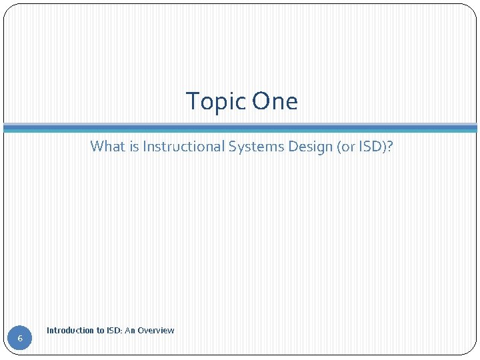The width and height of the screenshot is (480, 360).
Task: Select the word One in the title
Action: [x=275, y=102]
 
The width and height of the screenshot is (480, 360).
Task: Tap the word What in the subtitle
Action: [x=107, y=146]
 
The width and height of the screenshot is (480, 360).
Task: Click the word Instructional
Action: [x=183, y=146]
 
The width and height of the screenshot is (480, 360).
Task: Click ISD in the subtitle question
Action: [x=369, y=146]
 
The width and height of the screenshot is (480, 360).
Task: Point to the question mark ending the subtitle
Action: [x=390, y=146]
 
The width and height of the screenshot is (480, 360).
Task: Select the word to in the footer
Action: [x=100, y=331]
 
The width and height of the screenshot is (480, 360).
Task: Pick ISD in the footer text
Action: [x=114, y=331]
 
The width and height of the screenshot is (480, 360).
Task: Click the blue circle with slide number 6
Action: [x=20, y=339]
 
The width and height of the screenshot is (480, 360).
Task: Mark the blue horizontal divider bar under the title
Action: [x=240, y=128]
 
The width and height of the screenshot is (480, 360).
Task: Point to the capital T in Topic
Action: [x=192, y=102]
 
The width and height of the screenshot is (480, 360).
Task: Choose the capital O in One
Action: [x=261, y=102]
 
